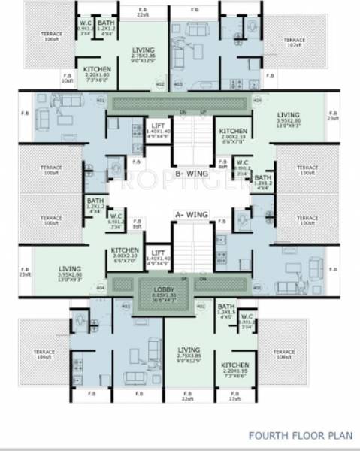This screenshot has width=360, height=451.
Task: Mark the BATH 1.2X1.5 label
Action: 225,310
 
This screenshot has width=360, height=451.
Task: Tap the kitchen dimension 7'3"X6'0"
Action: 96,80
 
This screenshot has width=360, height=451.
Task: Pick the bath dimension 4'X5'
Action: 225,319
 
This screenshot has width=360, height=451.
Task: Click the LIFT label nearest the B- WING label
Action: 157,125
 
